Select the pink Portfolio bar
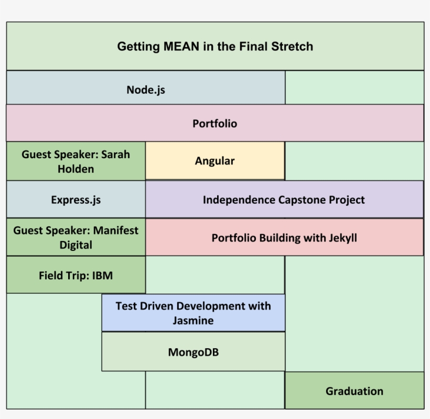point(215,124)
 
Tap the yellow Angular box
point(215,161)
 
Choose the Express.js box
point(76,200)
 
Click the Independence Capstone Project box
point(284,200)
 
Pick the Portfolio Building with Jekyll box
point(284,237)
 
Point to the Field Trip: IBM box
point(76,275)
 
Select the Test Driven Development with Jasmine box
point(193,313)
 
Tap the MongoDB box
point(193,352)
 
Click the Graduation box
point(354,391)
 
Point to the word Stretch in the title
point(292,47)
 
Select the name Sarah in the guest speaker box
point(115,155)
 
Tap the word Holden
point(76,169)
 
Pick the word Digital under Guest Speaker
point(76,245)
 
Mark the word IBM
point(102,275)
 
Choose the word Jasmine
point(193,320)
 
